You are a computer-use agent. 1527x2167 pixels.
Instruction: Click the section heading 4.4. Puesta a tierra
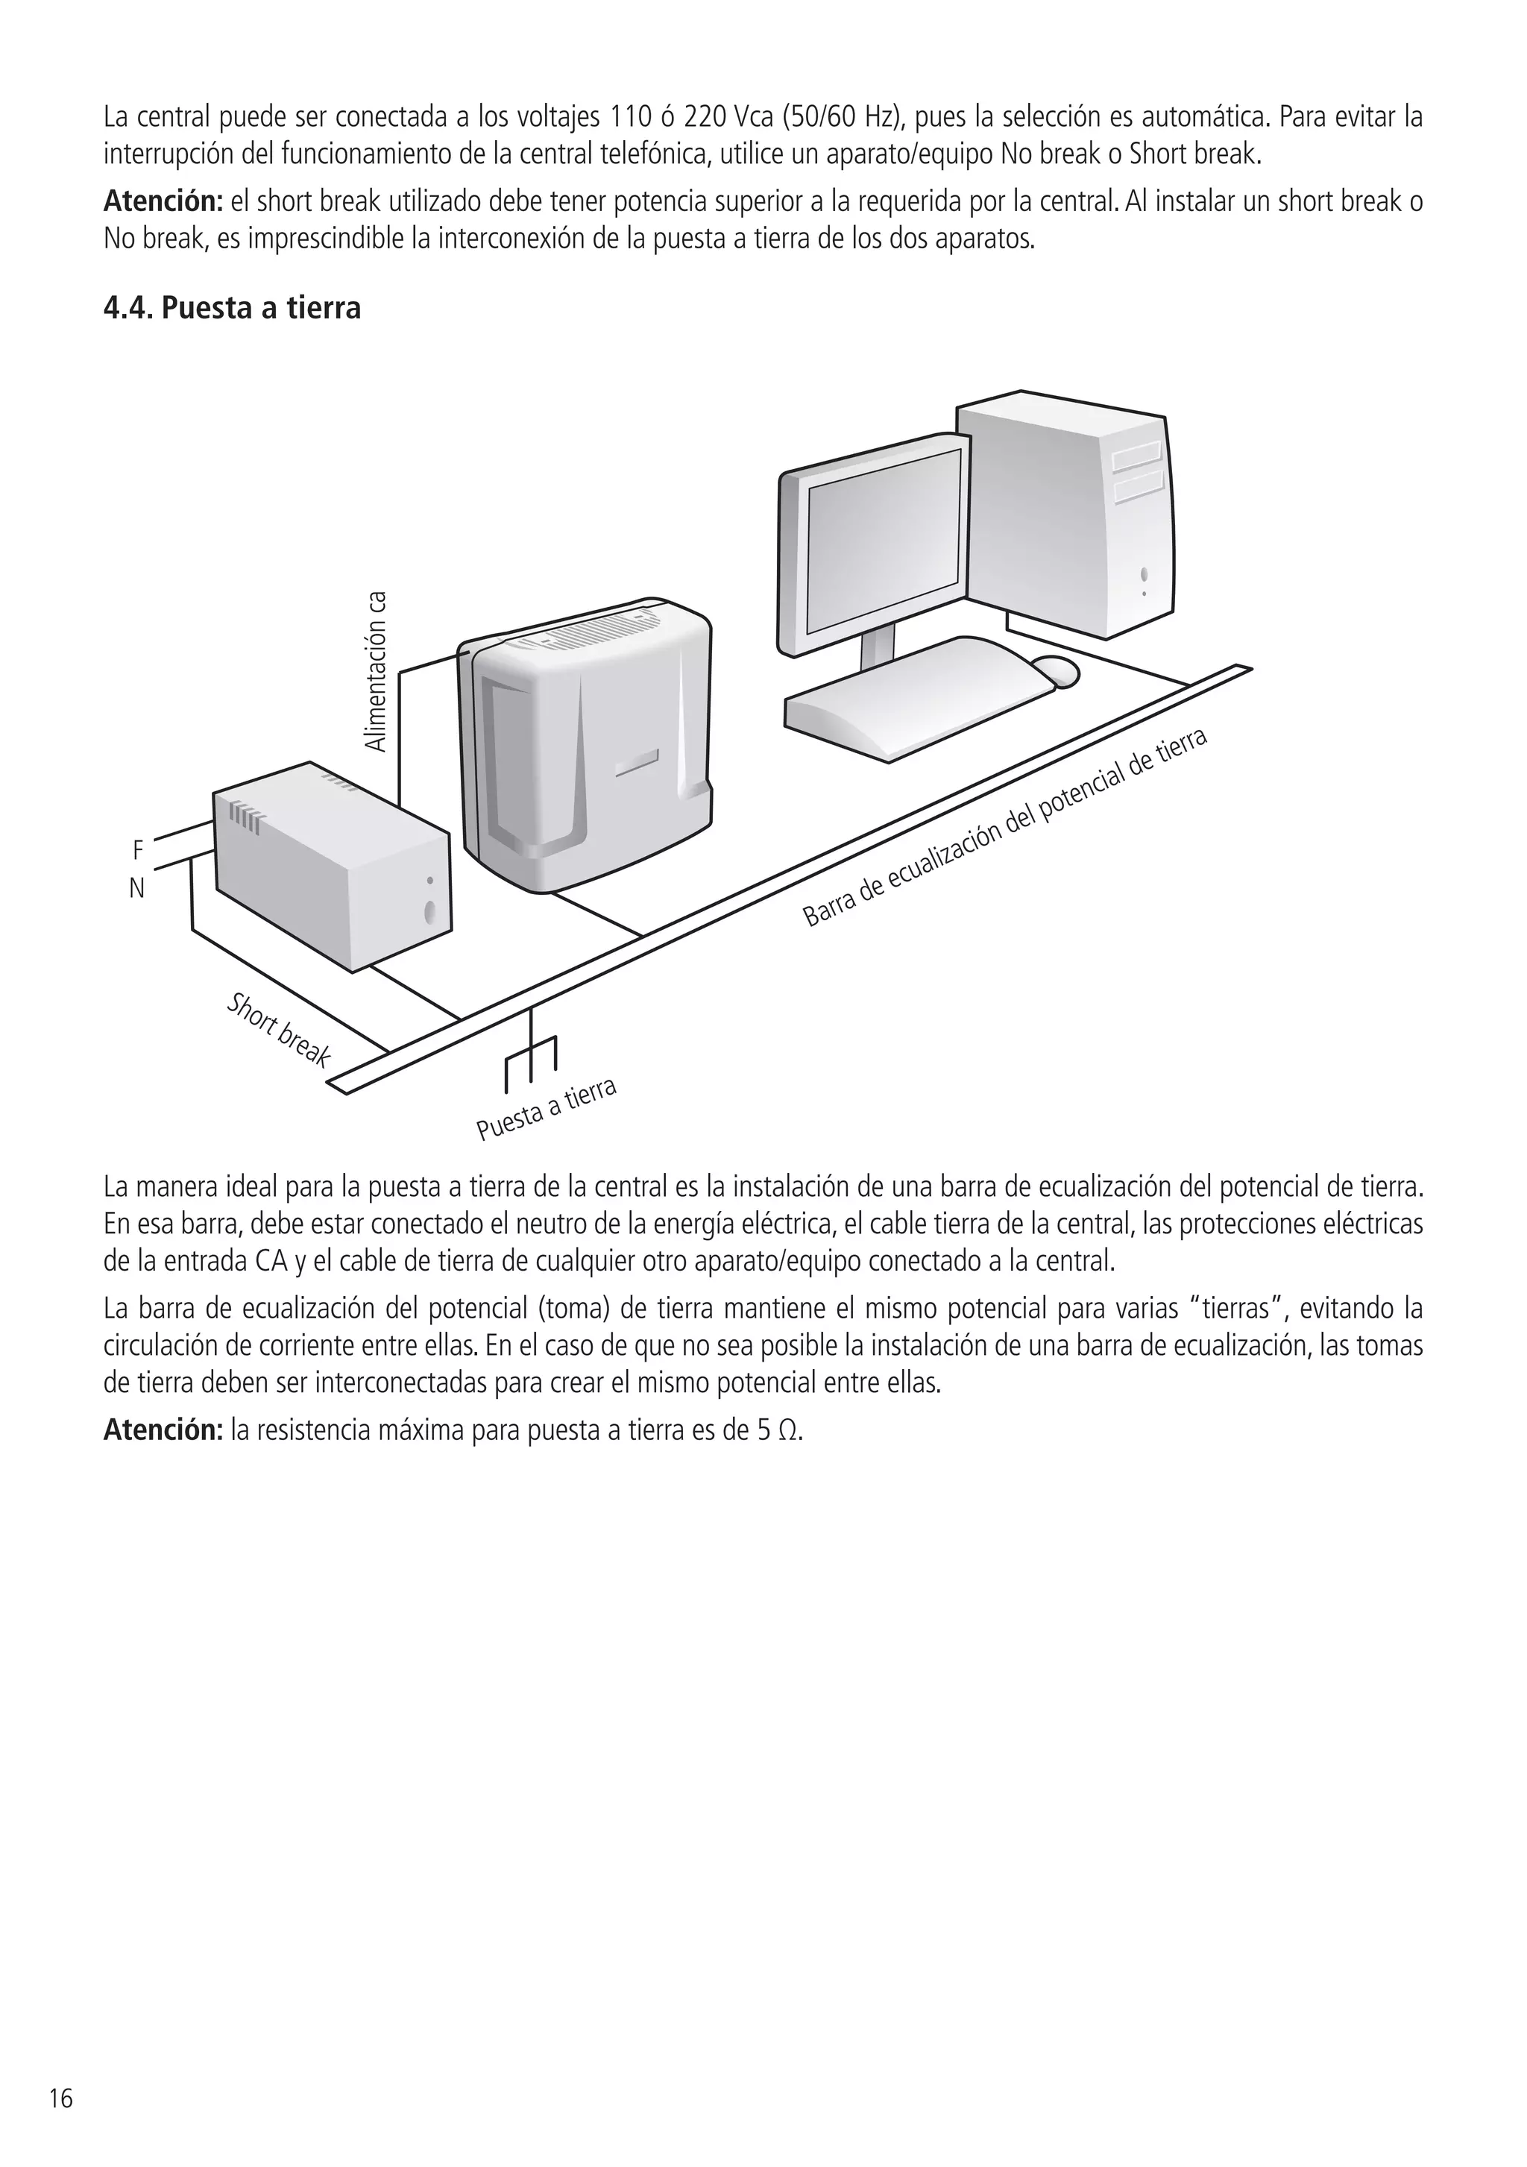(x=232, y=309)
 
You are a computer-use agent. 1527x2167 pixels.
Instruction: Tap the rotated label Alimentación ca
(x=377, y=671)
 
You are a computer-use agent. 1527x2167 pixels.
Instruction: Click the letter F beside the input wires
(x=138, y=850)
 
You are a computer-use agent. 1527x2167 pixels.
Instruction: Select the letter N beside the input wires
(x=137, y=888)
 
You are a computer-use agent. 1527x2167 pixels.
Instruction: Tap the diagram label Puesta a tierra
(x=547, y=1109)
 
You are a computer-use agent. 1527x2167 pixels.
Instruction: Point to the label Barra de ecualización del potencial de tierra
(x=1004, y=828)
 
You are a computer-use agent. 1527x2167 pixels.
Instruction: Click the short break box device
(x=330, y=868)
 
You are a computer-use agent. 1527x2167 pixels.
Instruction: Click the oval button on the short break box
(x=430, y=912)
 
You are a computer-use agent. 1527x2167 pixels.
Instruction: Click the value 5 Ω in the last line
(x=778, y=1431)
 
